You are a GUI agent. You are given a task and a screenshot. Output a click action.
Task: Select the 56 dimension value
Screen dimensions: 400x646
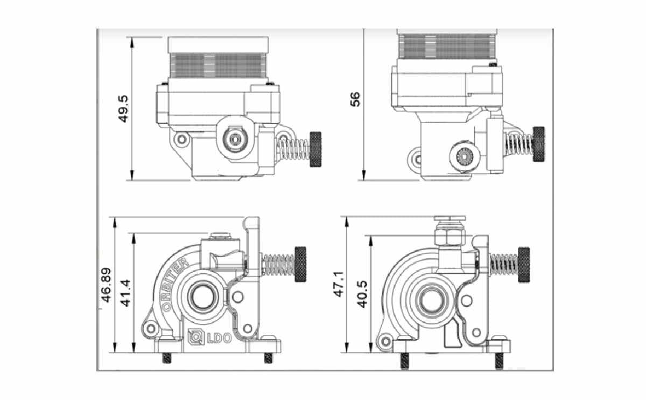pyautogui.click(x=355, y=99)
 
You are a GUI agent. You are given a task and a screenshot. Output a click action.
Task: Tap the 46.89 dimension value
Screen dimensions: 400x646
pyautogui.click(x=107, y=286)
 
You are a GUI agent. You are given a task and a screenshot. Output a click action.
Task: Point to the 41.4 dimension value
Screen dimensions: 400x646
pyautogui.click(x=126, y=293)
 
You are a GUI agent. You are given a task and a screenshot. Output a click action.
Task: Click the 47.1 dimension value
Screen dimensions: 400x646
pyautogui.click(x=339, y=284)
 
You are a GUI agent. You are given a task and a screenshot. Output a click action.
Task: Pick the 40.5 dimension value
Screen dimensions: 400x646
pyautogui.click(x=362, y=293)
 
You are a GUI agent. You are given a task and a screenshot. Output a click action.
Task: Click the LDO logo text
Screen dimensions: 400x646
pyautogui.click(x=212, y=339)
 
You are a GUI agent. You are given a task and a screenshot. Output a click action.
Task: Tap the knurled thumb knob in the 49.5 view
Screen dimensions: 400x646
pyautogui.click(x=315, y=149)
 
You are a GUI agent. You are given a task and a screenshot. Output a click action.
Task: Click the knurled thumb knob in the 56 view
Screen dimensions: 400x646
pyautogui.click(x=538, y=144)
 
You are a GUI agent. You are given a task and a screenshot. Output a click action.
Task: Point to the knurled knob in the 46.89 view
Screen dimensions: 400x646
pyautogui.click(x=300, y=264)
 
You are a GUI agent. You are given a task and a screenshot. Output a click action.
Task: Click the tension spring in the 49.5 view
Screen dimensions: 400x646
pyautogui.click(x=293, y=149)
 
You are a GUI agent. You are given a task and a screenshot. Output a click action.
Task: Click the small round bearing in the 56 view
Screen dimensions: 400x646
pyautogui.click(x=462, y=156)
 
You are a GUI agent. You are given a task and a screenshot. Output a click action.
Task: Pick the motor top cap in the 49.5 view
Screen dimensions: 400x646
pyautogui.click(x=217, y=45)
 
